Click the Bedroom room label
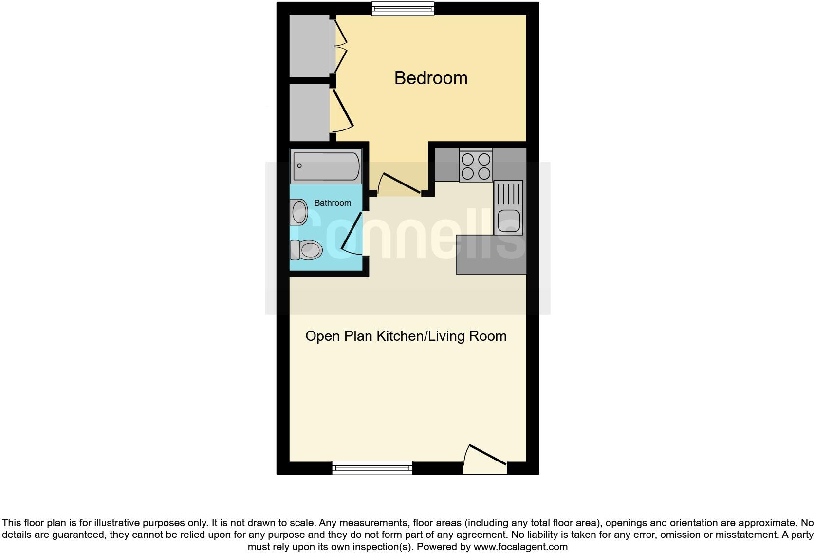(x=430, y=78)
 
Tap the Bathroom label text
(x=333, y=203)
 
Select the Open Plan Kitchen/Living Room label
(x=406, y=336)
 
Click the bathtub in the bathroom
(x=326, y=166)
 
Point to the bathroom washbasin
(x=299, y=212)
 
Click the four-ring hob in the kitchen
(x=476, y=166)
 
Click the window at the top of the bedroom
(x=403, y=8)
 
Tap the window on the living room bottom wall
(x=372, y=468)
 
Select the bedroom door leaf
(x=402, y=184)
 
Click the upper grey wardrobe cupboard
(x=310, y=46)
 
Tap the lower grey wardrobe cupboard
(x=310, y=112)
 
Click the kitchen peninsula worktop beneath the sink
(x=491, y=254)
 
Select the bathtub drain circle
(x=299, y=166)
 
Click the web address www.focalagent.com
(x=520, y=547)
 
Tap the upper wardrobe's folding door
(x=341, y=47)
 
